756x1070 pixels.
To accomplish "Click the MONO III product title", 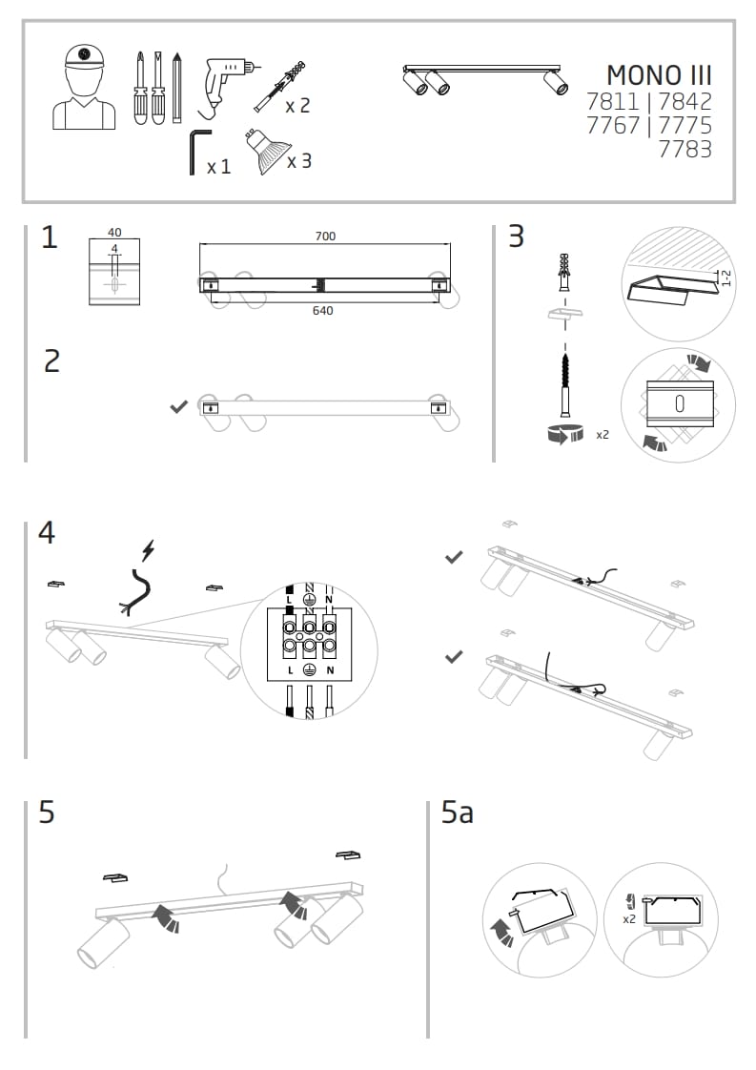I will pos(659,75).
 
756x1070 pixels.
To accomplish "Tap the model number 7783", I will pos(684,149).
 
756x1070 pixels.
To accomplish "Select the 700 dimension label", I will pos(324,236).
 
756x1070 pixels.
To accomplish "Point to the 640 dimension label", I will pos(322,311).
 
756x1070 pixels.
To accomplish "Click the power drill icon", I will pos(225,81).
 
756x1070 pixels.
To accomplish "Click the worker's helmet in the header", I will pos(84,56).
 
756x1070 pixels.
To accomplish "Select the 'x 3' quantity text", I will pos(299,161).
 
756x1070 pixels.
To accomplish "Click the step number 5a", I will pos(458,813).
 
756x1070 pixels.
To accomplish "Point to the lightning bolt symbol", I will pos(147,550).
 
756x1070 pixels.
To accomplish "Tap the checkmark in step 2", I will pos(177,407).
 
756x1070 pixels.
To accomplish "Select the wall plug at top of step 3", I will pos(566,273).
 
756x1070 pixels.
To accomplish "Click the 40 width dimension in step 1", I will pos(114,233).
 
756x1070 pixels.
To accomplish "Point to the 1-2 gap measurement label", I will pos(726,278).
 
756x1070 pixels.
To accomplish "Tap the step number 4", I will pos(46,533).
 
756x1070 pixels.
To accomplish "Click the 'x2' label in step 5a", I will pos(629,919).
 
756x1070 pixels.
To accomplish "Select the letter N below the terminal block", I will pos(329,670).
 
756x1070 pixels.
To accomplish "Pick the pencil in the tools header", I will pos(177,88).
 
